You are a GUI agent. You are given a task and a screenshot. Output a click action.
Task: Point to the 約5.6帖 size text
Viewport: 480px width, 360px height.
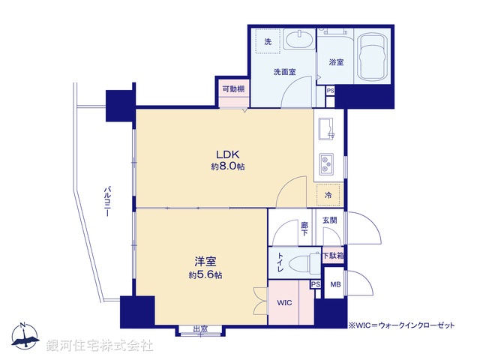coord(205,275)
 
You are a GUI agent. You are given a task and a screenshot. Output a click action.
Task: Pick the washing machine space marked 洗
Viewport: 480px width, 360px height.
coord(267,41)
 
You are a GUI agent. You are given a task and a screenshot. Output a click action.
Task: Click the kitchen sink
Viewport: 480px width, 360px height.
coord(327,129)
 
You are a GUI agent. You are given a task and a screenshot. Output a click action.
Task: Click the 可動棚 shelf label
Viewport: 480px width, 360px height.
coord(232,90)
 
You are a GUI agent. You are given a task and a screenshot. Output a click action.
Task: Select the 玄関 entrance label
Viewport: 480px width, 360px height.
coord(330,220)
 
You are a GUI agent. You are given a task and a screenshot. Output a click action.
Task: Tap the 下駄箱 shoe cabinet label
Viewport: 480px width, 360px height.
coord(333,256)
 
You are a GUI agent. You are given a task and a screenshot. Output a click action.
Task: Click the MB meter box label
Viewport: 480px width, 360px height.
coord(335,285)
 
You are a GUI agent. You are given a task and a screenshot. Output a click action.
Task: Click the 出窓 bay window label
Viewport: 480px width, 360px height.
coord(199,328)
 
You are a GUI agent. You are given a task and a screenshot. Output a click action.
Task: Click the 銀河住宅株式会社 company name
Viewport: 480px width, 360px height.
coord(100,346)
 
